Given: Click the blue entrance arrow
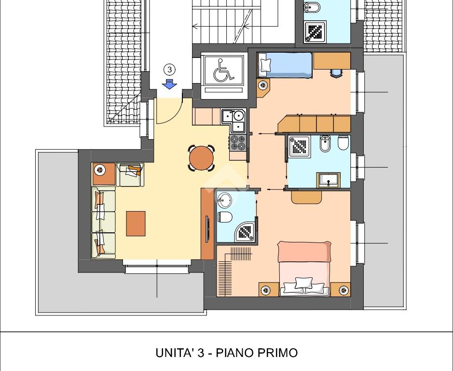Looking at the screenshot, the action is coord(169,84).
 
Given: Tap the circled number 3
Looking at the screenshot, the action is coord(170,70).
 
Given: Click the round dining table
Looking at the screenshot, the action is coord(201,158).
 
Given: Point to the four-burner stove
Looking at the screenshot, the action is coord(238,143).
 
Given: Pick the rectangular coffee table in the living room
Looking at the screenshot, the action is coord(136,223).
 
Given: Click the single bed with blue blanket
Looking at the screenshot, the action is coord(285,65).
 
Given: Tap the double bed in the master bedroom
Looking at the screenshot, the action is coord(304,269).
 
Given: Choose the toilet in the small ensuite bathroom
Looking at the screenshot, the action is coord(225,217).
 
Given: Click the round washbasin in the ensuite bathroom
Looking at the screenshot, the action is coord(224,200).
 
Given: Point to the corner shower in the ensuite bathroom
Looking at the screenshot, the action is coord(245,232).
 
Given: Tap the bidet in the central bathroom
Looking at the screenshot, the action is coord(325,143).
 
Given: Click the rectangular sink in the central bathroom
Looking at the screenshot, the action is coord(329,180).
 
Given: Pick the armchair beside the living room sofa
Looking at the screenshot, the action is coord(130,174).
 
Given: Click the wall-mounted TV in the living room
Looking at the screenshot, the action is coord(207,228).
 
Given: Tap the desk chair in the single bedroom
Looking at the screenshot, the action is coord(336,73).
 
